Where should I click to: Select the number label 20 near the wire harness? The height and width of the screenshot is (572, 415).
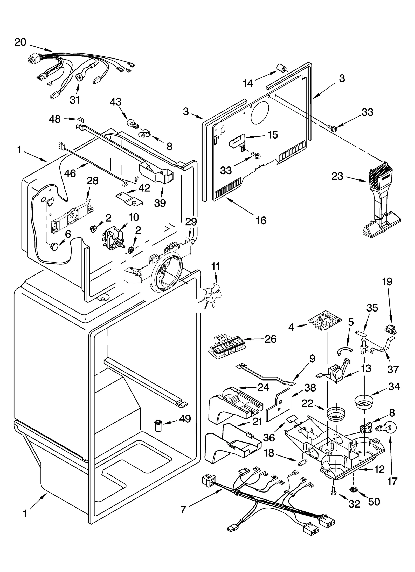20,42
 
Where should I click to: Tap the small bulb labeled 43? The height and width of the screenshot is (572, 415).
131,123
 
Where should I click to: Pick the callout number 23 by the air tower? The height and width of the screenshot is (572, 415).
337,176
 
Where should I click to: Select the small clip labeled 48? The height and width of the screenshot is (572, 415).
81,119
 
